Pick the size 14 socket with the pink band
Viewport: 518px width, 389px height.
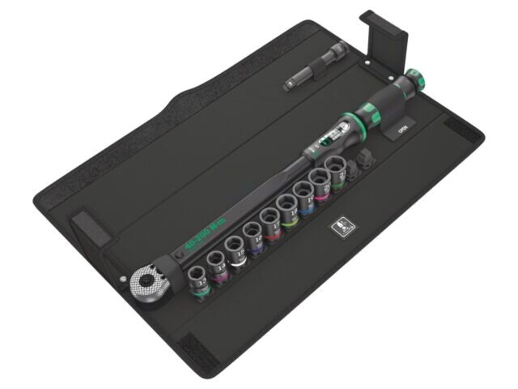point(218,264)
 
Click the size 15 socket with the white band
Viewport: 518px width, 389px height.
point(236,249)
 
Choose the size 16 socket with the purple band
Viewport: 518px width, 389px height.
point(253,234)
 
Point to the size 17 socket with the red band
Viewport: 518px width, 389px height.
point(270,220)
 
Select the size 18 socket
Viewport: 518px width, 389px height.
point(287,207)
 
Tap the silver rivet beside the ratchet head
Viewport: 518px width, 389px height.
point(125,278)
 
